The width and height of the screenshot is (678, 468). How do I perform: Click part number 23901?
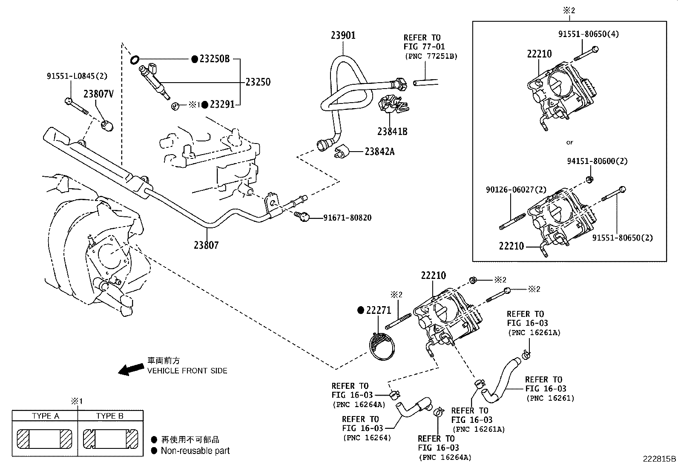pyautogui.click(x=343, y=35)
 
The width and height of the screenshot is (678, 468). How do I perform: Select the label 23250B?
pyautogui.click(x=215, y=59)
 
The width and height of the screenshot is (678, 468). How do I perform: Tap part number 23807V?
pyautogui.click(x=98, y=94)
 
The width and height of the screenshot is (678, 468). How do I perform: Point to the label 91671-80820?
pyautogui.click(x=347, y=218)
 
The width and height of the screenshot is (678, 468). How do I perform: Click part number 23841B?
pyautogui.click(x=392, y=132)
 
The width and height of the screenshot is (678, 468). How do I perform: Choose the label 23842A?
pyautogui.click(x=379, y=151)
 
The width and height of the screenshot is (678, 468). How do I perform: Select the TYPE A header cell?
pyautogui.click(x=45, y=416)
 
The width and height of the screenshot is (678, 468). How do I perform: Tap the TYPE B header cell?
pyautogui.click(x=110, y=416)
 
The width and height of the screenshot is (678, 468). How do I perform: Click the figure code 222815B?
pyautogui.click(x=659, y=459)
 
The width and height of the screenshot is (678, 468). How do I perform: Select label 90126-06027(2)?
pyautogui.click(x=516, y=189)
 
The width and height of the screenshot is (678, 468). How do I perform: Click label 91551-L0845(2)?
pyautogui.click(x=77, y=77)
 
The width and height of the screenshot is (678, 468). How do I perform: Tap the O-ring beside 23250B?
pyautogui.click(x=134, y=59)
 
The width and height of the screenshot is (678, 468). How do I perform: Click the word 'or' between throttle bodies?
pyautogui.click(x=569, y=142)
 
